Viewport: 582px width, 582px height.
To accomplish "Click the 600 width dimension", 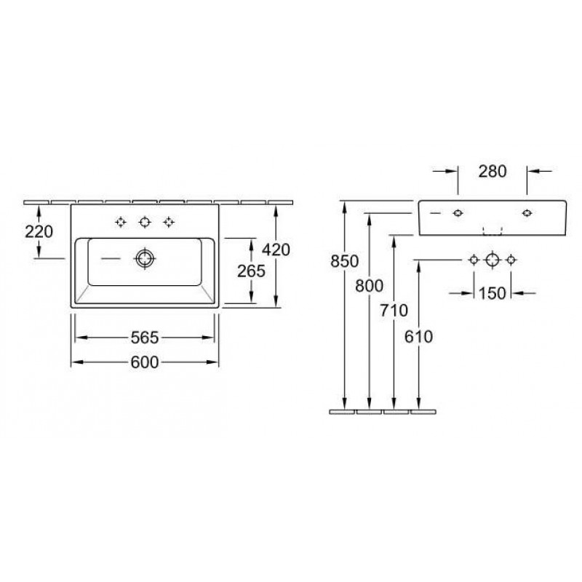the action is point(145,362).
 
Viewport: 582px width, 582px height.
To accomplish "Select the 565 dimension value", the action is point(145,338).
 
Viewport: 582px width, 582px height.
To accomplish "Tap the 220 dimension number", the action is point(39,232).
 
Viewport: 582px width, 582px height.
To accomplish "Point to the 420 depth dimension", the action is point(276,250).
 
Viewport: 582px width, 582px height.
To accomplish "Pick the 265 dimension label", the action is point(251,271).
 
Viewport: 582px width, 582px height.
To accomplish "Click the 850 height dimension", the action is point(344,261).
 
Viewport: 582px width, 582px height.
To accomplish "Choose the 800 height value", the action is point(369,286).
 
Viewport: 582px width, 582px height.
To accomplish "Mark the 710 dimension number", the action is point(394,311).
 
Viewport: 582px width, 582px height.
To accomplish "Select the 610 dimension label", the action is point(419,337).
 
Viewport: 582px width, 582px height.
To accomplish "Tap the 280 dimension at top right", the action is point(493,172).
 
